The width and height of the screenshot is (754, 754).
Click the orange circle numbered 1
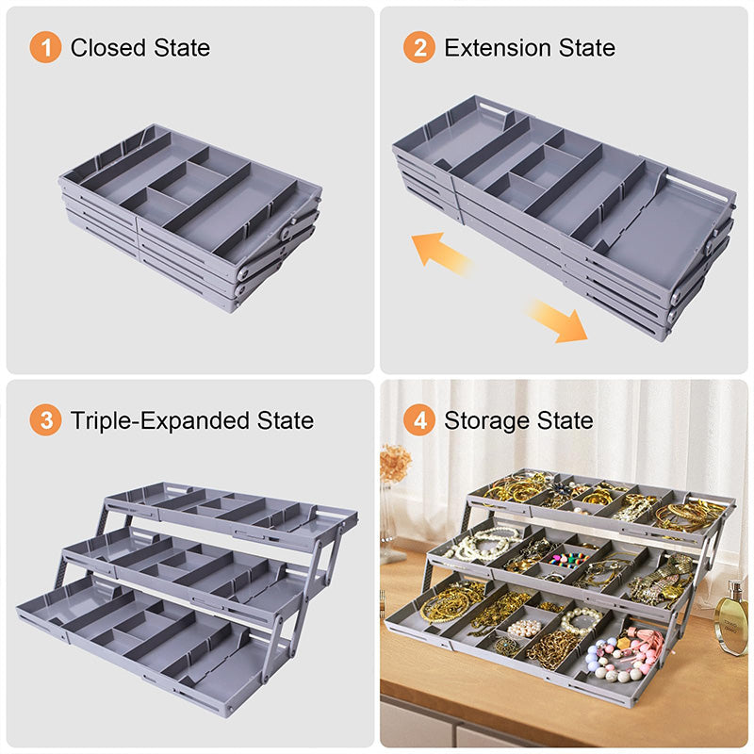(45, 47)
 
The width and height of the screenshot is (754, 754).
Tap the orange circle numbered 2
(418, 47)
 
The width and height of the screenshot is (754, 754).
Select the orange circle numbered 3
(45, 419)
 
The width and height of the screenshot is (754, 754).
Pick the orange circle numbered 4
(418, 419)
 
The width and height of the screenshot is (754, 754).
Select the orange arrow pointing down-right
(556, 320)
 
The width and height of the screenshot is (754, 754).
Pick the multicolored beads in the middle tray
(564, 560)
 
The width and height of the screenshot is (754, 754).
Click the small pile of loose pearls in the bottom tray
(524, 627)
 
